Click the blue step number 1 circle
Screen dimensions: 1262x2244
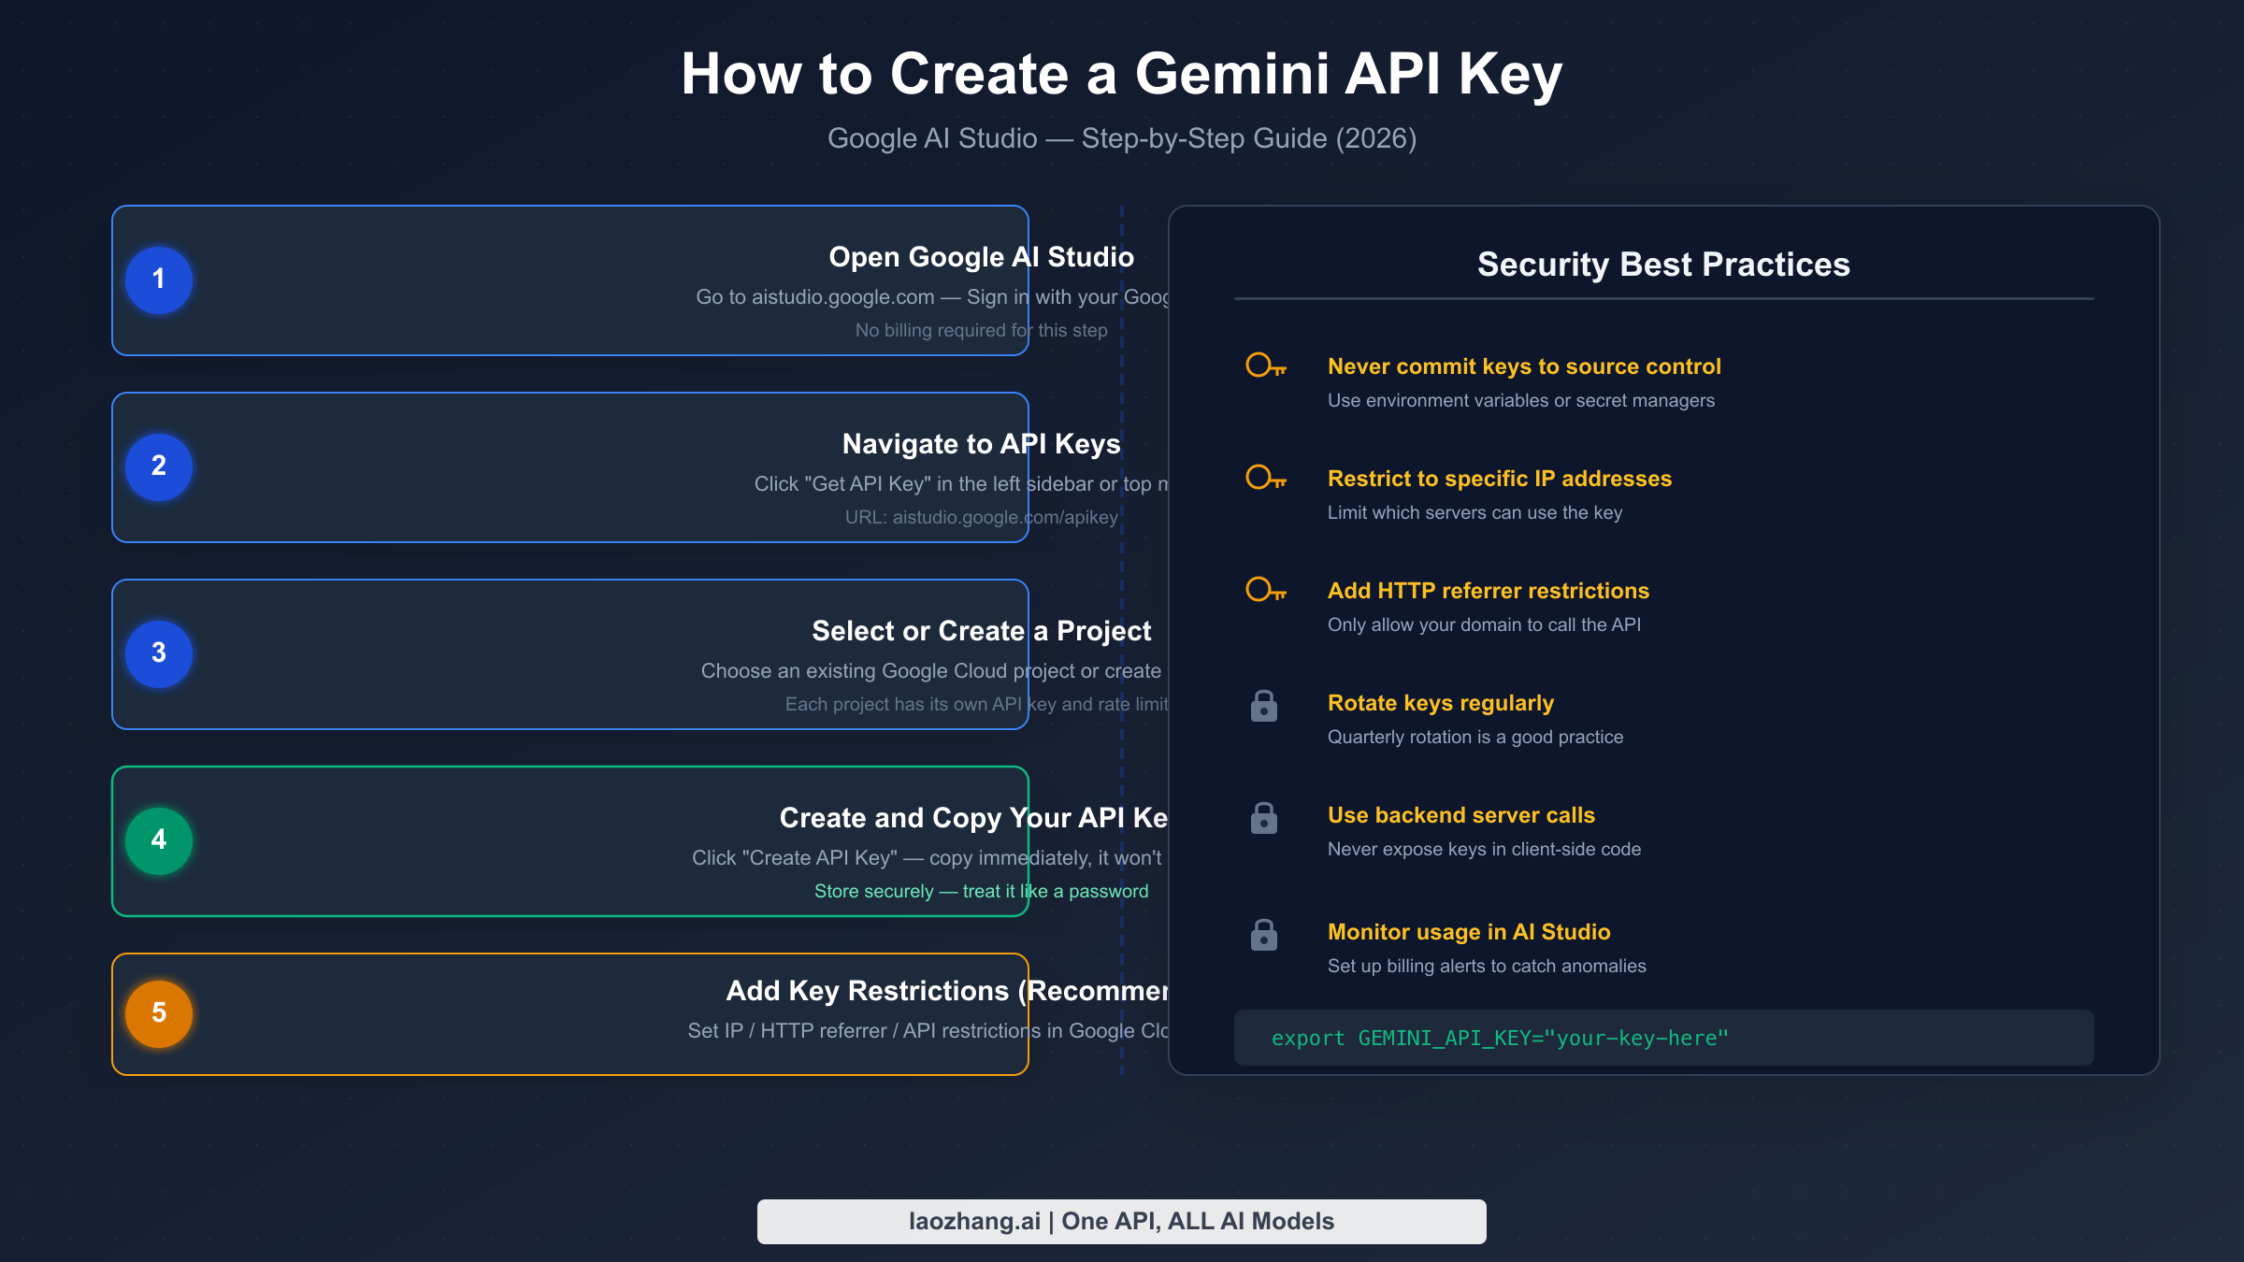[159, 280]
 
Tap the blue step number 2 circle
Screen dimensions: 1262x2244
[159, 466]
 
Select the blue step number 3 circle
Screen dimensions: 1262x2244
[159, 653]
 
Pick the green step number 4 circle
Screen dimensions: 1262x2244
[159, 840]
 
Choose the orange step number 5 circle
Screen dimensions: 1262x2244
[159, 1013]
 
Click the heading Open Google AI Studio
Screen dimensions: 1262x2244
[981, 257]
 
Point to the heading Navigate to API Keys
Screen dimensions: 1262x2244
[981, 444]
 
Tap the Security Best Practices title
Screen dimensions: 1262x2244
[1663, 265]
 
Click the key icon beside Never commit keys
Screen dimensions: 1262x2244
[1266, 366]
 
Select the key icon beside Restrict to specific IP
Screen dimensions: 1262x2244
[1266, 478]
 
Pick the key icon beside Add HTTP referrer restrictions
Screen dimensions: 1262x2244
[1266, 590]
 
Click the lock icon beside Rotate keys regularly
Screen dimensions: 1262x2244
[1264, 706]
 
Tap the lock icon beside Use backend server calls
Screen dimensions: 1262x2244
[1264, 818]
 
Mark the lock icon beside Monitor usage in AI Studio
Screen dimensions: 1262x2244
[1264, 935]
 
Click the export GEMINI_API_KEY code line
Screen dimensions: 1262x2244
[1500, 1038]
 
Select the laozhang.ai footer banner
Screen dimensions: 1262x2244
[1121, 1221]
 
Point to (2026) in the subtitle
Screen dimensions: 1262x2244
[1376, 138]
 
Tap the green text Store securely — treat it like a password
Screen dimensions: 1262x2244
[981, 891]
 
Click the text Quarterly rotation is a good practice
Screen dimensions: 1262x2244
[1475, 737]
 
